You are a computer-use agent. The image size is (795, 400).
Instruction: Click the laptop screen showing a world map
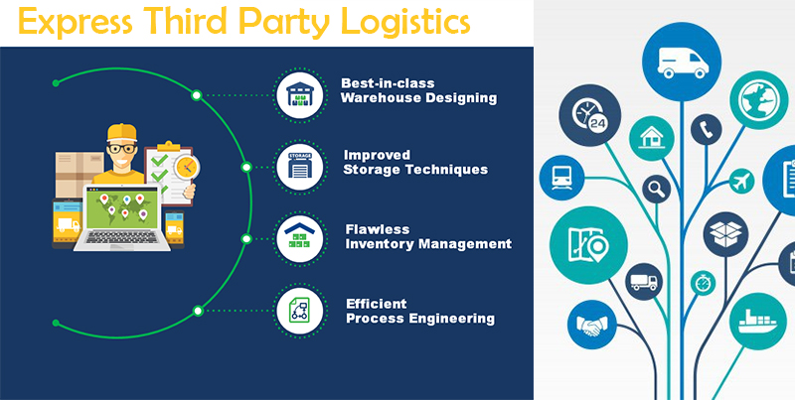pyautogui.click(x=121, y=209)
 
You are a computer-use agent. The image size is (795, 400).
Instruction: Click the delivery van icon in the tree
pyautogui.click(x=682, y=63)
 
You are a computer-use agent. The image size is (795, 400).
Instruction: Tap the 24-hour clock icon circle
pyautogui.click(x=589, y=115)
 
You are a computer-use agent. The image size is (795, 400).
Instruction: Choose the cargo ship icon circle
pyautogui.click(x=758, y=321)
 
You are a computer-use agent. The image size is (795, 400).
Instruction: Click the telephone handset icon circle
pyautogui.click(x=706, y=130)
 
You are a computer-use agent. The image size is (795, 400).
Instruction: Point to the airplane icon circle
pyautogui.click(x=741, y=181)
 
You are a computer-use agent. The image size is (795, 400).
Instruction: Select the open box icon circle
pyautogui.click(x=725, y=234)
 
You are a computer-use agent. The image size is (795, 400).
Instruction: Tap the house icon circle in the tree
pyautogui.click(x=652, y=138)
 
